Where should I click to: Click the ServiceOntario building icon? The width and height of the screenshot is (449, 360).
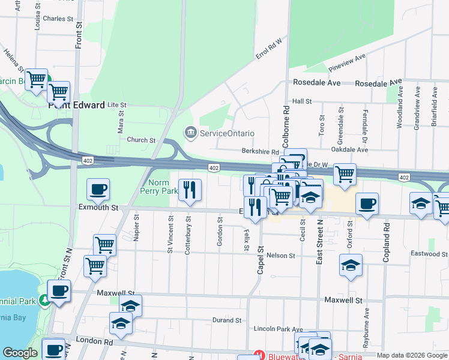[x=191, y=133]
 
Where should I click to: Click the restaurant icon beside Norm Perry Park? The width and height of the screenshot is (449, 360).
[x=190, y=190]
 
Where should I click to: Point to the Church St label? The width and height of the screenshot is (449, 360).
[x=141, y=140]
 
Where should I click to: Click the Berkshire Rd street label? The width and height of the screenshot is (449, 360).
[x=261, y=152]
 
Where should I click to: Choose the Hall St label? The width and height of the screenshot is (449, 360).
[x=301, y=102]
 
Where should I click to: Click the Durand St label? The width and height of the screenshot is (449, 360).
[x=226, y=320]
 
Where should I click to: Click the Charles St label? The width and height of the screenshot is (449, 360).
[x=58, y=19]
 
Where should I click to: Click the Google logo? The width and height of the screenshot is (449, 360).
[x=20, y=353]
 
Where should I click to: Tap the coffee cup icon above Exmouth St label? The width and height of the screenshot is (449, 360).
[x=98, y=190]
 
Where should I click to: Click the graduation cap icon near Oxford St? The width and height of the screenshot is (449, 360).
[x=351, y=265]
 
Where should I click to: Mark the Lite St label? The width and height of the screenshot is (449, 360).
[x=114, y=104]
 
